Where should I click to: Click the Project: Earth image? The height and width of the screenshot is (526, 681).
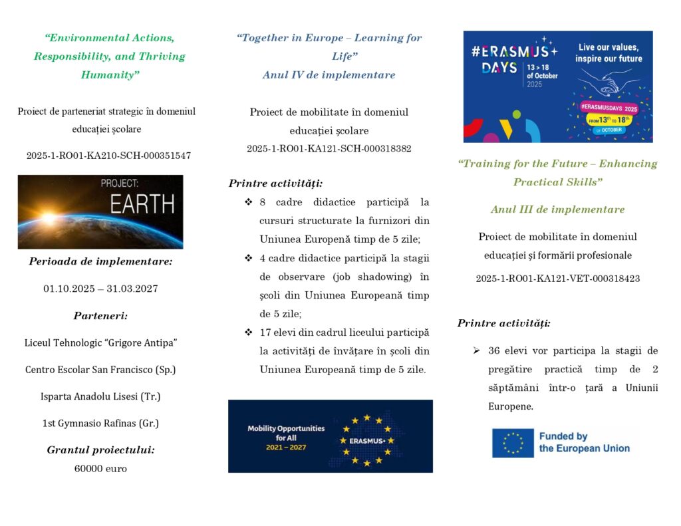(100, 211)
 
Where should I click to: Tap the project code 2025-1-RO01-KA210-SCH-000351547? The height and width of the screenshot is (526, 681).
(108, 156)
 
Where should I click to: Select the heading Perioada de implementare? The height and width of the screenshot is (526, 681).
(100, 261)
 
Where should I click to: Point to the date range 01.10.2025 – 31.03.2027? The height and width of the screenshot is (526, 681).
(100, 289)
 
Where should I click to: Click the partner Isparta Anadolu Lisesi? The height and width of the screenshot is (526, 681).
(100, 396)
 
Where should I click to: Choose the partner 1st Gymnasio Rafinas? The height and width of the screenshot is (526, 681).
(100, 423)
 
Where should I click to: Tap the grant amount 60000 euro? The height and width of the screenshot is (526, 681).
(100, 468)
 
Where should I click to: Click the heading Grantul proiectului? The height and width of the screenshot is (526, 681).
(100, 450)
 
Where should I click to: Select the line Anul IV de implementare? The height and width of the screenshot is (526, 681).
(329, 75)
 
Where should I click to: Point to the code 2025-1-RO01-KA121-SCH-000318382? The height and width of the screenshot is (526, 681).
(329, 148)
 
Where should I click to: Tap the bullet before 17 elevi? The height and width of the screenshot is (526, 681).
(248, 332)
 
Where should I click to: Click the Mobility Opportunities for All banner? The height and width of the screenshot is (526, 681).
(330, 436)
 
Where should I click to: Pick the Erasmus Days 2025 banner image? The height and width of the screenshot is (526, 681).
(558, 86)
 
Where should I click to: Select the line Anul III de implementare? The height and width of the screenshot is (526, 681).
(558, 209)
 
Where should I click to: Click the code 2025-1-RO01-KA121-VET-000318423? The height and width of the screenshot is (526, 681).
(558, 279)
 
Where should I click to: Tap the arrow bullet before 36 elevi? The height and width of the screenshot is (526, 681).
(476, 350)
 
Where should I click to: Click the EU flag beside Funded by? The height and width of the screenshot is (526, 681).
(513, 443)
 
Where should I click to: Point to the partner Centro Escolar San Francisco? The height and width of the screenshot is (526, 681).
(100, 370)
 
